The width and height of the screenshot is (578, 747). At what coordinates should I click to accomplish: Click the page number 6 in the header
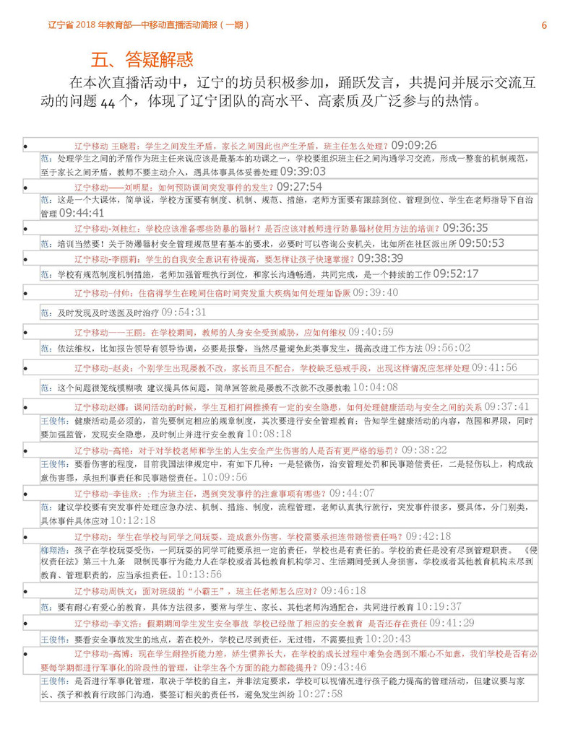click(x=544, y=25)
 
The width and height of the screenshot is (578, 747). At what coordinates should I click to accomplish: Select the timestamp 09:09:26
click(x=409, y=145)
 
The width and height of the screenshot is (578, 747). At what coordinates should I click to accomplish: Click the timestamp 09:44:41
click(x=82, y=213)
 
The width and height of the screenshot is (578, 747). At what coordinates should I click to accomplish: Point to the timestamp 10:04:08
click(x=375, y=388)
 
